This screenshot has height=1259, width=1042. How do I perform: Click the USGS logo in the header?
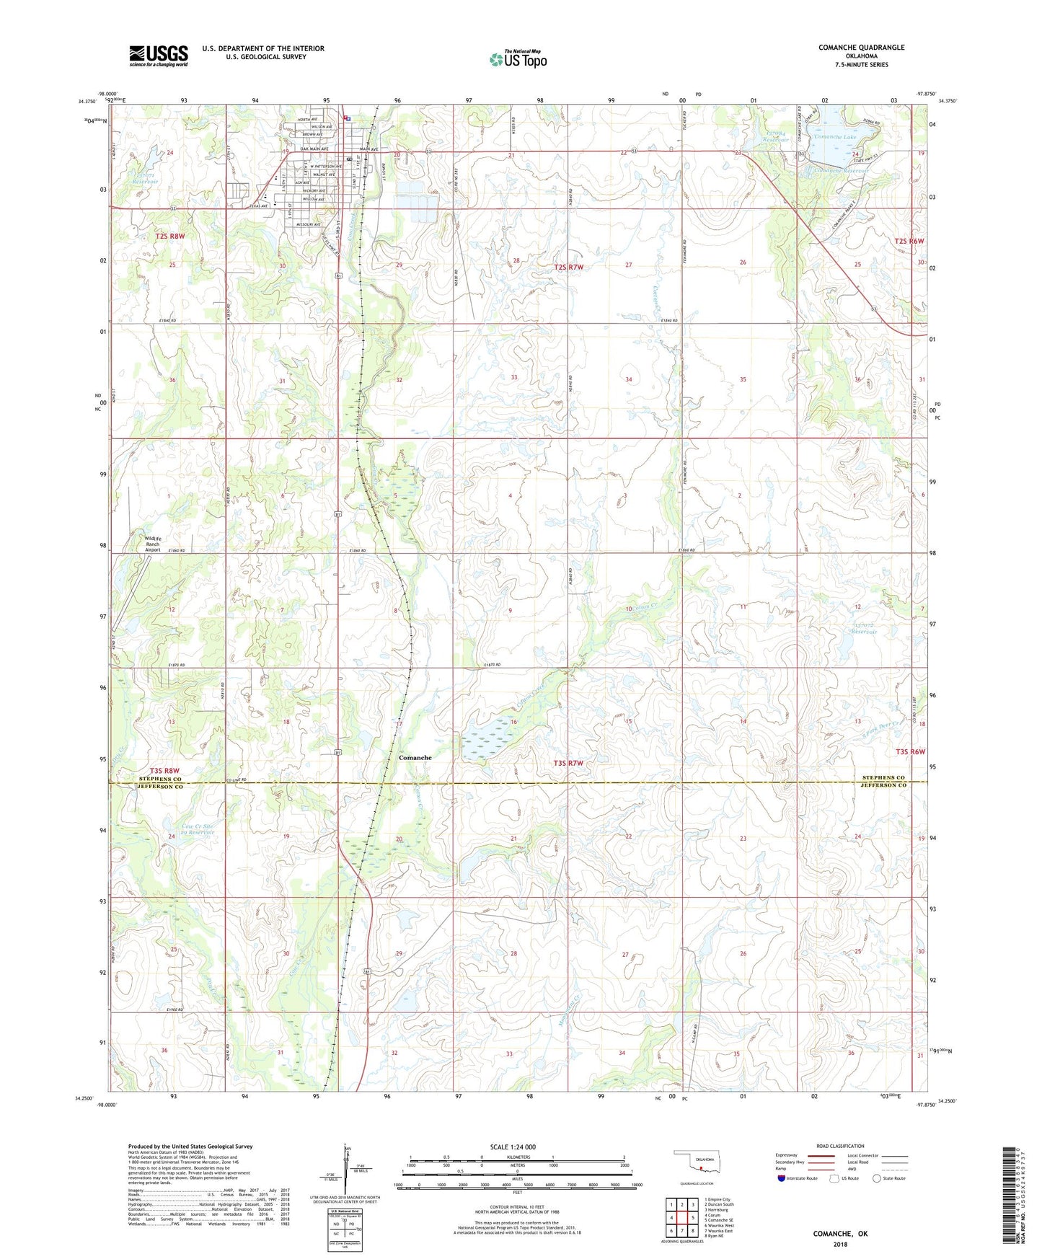(159, 56)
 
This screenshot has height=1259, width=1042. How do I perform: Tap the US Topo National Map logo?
(518, 59)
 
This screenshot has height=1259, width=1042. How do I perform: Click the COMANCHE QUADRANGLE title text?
(861, 48)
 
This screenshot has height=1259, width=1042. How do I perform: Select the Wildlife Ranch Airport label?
(152, 544)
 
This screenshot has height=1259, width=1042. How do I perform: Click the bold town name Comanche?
(415, 758)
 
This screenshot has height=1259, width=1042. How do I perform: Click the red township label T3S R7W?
(568, 763)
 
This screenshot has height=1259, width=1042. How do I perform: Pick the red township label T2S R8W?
(170, 236)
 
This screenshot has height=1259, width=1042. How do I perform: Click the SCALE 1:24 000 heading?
(513, 1147)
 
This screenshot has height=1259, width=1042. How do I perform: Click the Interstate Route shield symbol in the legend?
(782, 1179)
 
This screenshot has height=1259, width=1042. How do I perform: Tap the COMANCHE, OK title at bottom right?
(840, 1234)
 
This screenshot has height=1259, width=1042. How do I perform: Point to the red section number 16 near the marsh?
(514, 722)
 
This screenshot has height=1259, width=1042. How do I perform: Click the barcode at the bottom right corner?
(1010, 1197)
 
